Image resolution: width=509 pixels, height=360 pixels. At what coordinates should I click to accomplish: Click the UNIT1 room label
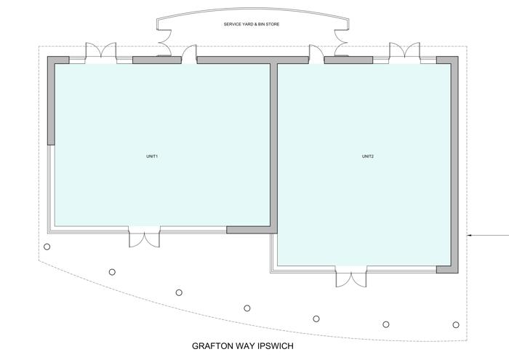click(x=152, y=156)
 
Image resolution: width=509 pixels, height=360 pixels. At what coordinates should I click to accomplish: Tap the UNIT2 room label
click(x=368, y=156)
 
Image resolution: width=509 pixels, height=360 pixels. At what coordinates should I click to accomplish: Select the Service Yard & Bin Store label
click(x=252, y=24)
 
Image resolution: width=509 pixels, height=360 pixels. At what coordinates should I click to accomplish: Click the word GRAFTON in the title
click(x=213, y=346)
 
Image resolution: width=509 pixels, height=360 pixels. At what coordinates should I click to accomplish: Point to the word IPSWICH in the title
click(x=276, y=346)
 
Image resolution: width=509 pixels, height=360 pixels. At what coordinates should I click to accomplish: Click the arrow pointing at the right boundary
click(x=488, y=235)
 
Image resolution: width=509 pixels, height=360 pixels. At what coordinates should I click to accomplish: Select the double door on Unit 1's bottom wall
click(x=145, y=237)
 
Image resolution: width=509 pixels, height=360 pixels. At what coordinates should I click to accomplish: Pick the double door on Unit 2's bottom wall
click(x=351, y=277)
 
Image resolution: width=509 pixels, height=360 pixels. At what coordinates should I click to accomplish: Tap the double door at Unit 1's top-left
click(x=100, y=52)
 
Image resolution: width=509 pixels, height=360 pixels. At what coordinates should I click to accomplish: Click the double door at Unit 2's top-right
click(x=404, y=52)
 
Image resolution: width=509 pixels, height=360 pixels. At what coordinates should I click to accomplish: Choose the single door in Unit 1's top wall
click(x=189, y=55)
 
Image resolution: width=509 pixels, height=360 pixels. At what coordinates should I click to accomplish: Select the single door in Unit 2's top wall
click(x=316, y=55)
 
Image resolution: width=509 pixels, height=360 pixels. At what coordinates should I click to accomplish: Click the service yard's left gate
click(x=164, y=43)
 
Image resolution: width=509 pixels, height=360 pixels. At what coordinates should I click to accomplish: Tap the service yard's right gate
click(x=341, y=43)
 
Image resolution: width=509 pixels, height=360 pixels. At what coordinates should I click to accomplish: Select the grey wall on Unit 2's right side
click(x=454, y=164)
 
